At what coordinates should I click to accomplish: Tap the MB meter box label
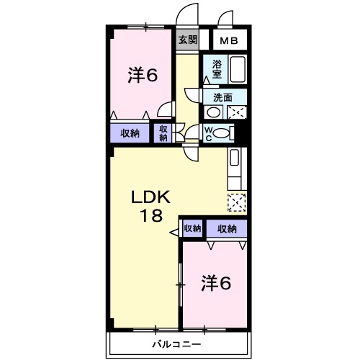click(x=230, y=40)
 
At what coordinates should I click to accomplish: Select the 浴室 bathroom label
click(x=217, y=68)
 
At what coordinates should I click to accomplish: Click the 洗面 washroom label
click(x=222, y=98)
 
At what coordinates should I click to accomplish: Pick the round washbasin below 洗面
click(x=214, y=112)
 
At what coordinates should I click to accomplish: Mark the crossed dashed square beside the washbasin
click(x=237, y=112)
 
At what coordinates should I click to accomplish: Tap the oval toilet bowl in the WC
click(x=224, y=132)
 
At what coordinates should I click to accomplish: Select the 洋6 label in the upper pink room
click(x=142, y=75)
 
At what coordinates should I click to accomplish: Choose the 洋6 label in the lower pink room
click(x=215, y=283)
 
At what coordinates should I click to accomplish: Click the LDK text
click(x=150, y=197)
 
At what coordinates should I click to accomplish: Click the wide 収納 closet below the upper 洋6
click(x=130, y=132)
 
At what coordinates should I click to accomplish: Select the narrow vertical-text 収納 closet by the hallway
click(x=163, y=132)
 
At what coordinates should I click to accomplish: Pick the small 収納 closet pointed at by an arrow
click(x=192, y=229)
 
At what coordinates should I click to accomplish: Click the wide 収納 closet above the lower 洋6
click(x=226, y=229)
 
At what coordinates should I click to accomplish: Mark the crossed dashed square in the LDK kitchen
click(x=236, y=203)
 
